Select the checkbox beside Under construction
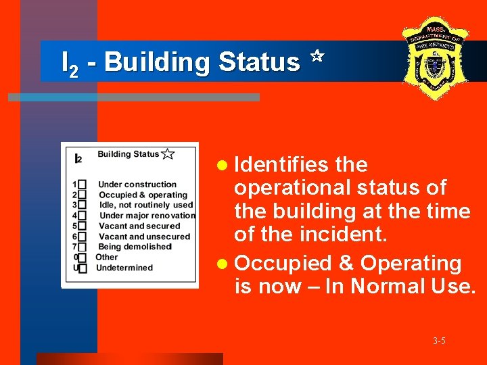pos(83,185)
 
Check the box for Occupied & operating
pos(83,195)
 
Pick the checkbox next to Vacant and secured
pos(83,226)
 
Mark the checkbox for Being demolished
pos(83,247)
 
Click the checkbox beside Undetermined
pos(83,268)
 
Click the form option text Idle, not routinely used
pos(145,205)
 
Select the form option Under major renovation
pos(147,216)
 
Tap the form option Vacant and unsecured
pos(144,237)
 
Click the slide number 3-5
pos(440,341)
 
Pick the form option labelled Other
pos(107,258)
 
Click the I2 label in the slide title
pos(68,63)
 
